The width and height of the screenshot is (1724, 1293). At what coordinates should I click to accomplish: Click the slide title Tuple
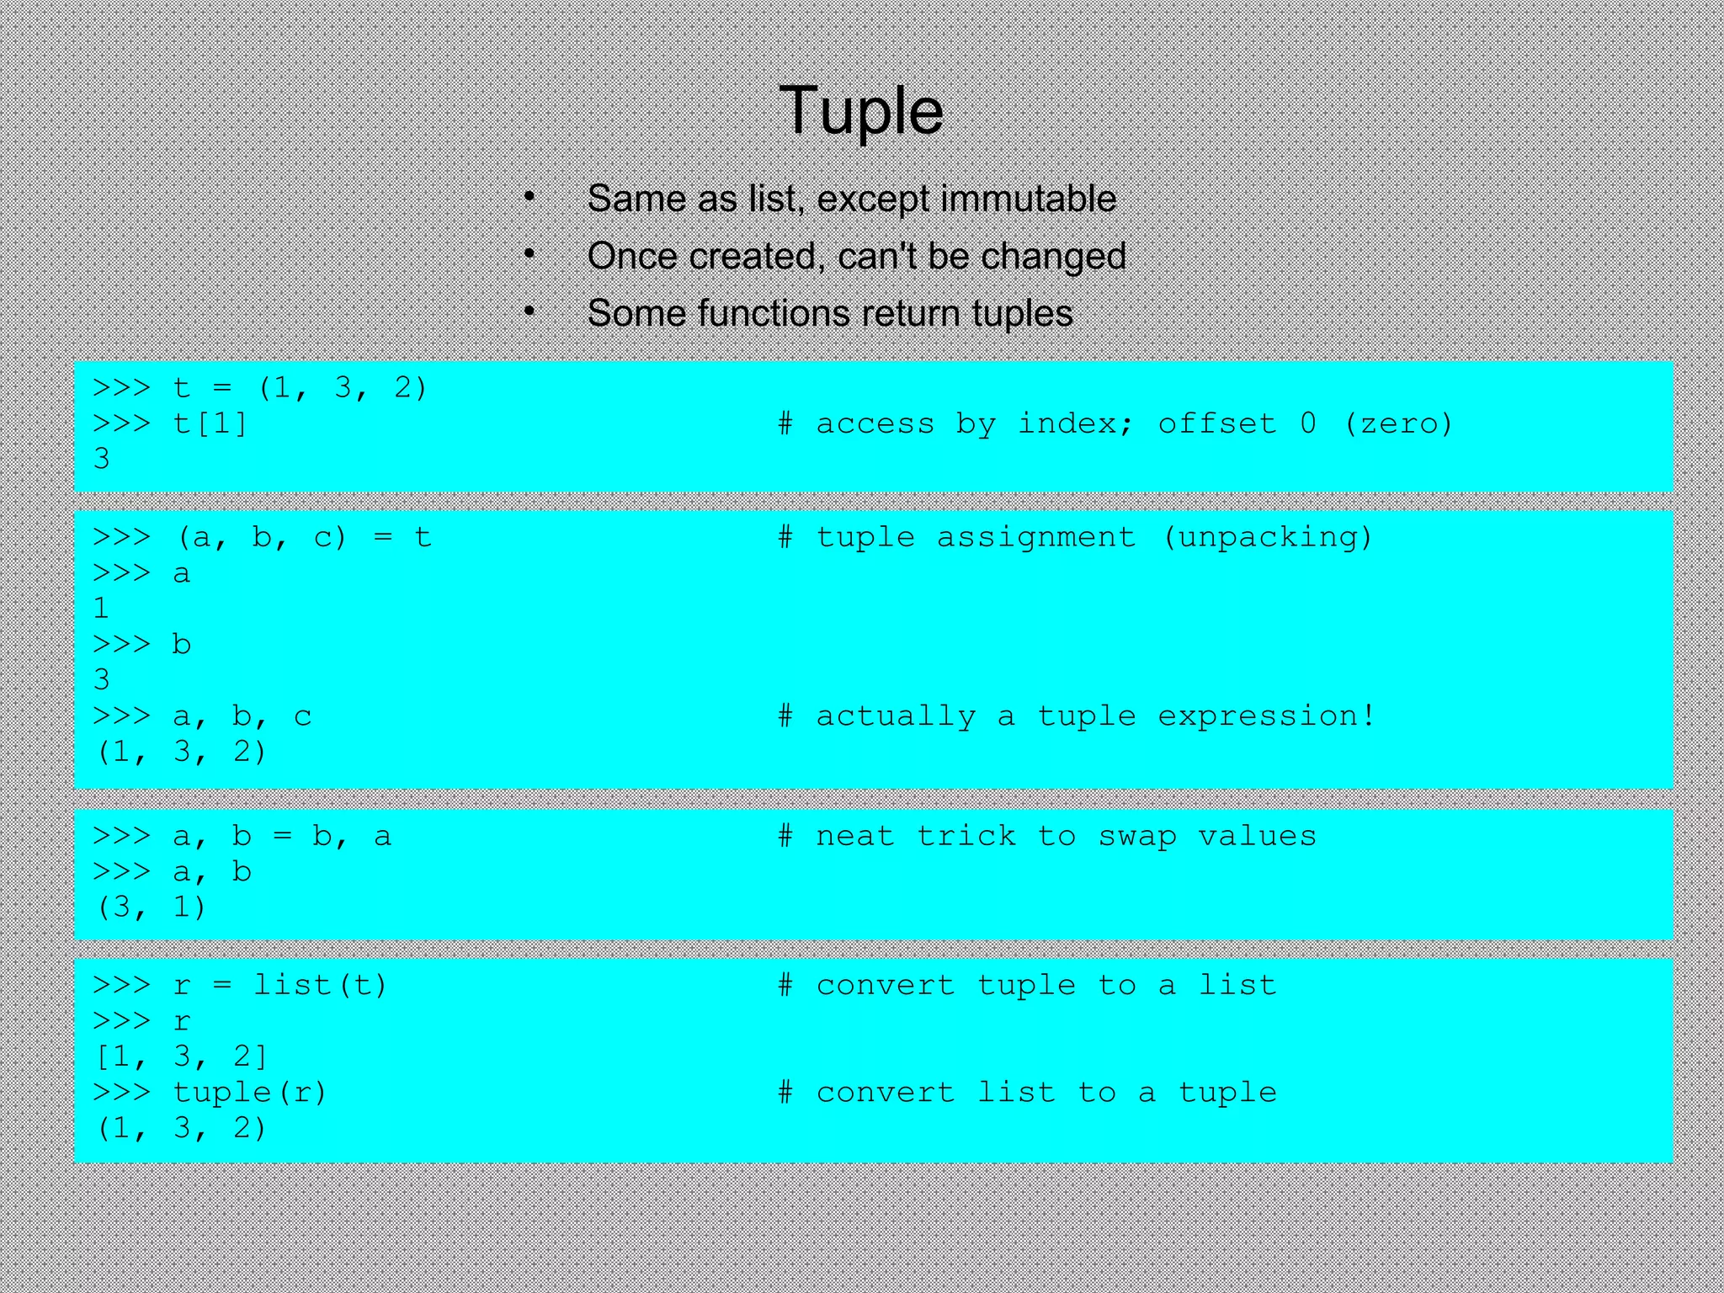click(861, 110)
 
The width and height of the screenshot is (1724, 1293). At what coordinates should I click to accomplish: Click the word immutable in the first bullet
click(1028, 200)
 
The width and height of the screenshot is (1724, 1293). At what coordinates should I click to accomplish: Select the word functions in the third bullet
click(774, 313)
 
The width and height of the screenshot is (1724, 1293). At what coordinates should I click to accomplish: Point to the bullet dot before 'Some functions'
click(529, 311)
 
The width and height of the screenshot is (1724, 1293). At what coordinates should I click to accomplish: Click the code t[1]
click(210, 423)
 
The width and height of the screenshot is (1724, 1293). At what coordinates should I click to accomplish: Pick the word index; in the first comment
click(1076, 423)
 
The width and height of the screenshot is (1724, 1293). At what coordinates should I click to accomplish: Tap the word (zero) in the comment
click(1398, 423)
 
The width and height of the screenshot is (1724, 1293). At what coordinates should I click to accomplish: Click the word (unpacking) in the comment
click(1267, 537)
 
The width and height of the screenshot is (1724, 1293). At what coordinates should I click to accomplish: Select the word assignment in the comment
click(1035, 537)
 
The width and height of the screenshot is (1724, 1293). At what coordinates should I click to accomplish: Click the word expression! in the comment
click(1267, 716)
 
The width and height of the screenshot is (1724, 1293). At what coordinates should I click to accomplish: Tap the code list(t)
click(321, 985)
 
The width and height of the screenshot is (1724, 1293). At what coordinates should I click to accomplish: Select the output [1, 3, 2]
click(182, 1056)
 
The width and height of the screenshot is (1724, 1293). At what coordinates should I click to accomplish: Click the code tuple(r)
click(250, 1093)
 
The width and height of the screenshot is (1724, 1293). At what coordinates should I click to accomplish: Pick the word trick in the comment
click(966, 837)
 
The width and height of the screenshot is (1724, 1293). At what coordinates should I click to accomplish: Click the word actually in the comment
click(896, 716)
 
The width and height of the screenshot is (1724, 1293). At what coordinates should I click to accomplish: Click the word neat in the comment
click(854, 837)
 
